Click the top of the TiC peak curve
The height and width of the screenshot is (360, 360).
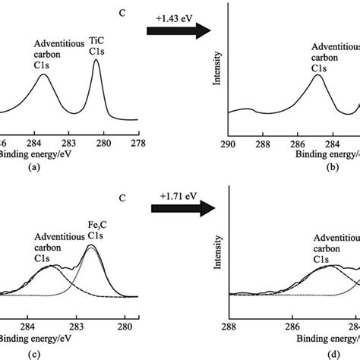[96, 61]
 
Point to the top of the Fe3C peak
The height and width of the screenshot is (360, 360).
[92, 245]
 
